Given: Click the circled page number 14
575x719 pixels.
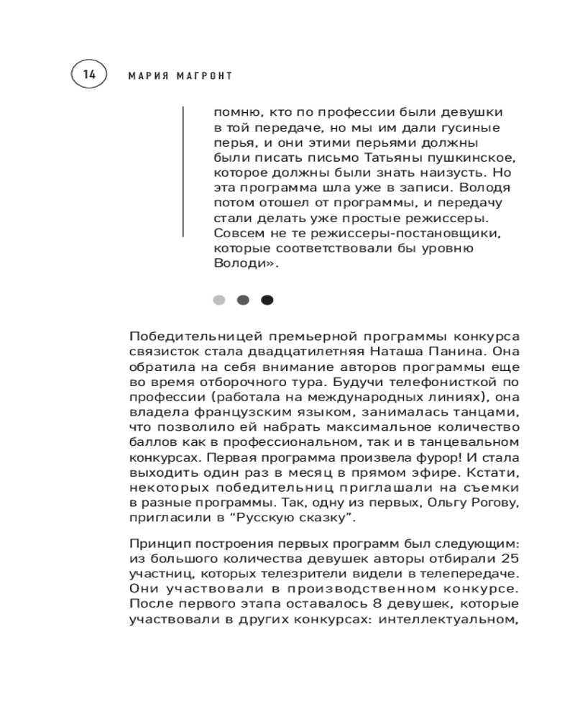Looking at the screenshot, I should click(89, 74).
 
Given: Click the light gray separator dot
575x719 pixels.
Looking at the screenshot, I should click(219, 300).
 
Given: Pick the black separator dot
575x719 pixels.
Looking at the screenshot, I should click(267, 300).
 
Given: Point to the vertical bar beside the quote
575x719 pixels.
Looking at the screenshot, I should click(184, 172).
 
